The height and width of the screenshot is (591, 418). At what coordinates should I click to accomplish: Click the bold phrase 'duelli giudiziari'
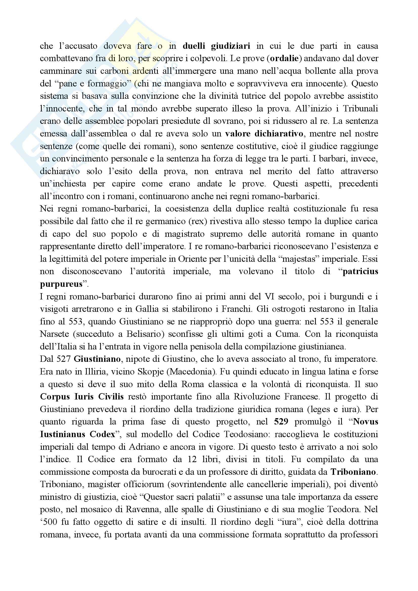(x=216, y=46)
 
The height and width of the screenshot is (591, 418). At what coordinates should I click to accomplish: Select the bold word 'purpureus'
(x=61, y=284)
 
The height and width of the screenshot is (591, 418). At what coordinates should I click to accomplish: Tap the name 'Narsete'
(x=54, y=334)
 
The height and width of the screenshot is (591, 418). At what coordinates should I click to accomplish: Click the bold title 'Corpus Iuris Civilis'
(x=82, y=397)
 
